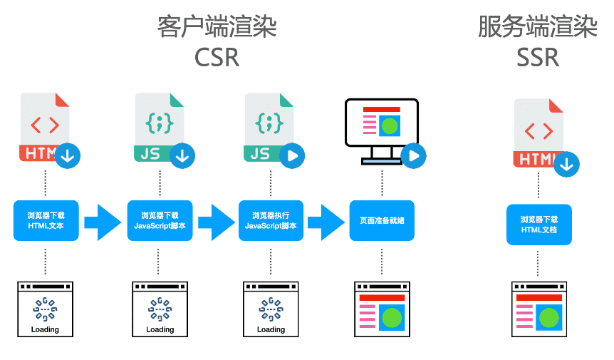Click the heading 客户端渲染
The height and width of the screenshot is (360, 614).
(217, 27)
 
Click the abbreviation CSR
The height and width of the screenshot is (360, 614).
(217, 57)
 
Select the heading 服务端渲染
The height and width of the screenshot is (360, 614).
(538, 27)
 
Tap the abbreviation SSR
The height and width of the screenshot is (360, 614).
(538, 57)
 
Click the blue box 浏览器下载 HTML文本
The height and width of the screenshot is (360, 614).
(46, 220)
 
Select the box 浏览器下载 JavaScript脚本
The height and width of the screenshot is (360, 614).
(160, 220)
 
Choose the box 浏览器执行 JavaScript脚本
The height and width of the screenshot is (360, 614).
(271, 220)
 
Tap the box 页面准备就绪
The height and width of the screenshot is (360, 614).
(382, 220)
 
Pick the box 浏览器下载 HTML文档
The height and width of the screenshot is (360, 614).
(539, 225)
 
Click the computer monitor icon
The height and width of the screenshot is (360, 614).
(381, 128)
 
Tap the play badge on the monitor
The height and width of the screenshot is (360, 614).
(413, 155)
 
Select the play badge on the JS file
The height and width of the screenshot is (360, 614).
(292, 155)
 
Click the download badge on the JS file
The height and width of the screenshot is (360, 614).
(182, 155)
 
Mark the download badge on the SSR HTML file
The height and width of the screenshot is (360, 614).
(566, 163)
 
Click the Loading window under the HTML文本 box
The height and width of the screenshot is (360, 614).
(46, 308)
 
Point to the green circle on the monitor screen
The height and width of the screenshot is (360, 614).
(389, 127)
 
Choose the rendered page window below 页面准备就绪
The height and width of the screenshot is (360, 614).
(382, 308)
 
